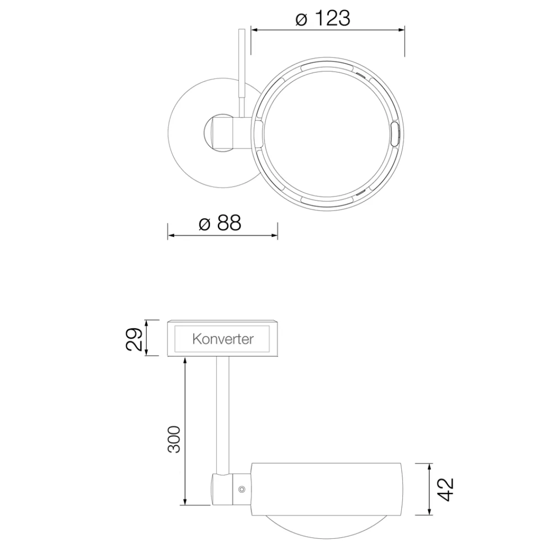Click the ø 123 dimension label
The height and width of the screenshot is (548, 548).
tap(322, 19)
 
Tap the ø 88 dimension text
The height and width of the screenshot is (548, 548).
tap(220, 224)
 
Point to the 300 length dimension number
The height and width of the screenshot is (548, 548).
tap(174, 439)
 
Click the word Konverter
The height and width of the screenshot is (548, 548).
tap(223, 339)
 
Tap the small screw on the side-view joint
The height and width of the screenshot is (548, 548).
tap(242, 489)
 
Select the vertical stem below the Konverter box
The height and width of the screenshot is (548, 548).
tap(223, 416)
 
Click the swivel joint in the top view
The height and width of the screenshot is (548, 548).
tap(224, 132)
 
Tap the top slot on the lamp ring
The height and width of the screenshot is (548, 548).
tap(327, 67)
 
